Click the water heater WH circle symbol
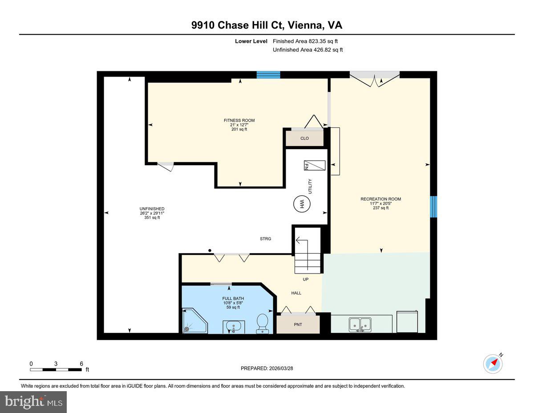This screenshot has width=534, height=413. [301, 204]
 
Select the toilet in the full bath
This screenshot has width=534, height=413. [263, 323]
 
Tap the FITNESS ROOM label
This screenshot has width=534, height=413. [239, 120]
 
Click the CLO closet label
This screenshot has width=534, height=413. [304, 139]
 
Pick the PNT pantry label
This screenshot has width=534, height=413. [298, 324]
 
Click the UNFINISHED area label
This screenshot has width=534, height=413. [152, 209]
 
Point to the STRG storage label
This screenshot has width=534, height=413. [266, 239]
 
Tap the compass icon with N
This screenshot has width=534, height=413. [493, 364]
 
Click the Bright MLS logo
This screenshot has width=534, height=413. [33, 402]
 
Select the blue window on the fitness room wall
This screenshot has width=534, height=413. [268, 75]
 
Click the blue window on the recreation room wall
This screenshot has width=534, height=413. [433, 207]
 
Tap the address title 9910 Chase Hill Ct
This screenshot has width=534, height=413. [267, 25]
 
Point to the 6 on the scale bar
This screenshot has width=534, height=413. [81, 364]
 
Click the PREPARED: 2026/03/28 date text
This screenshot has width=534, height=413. [267, 368]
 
